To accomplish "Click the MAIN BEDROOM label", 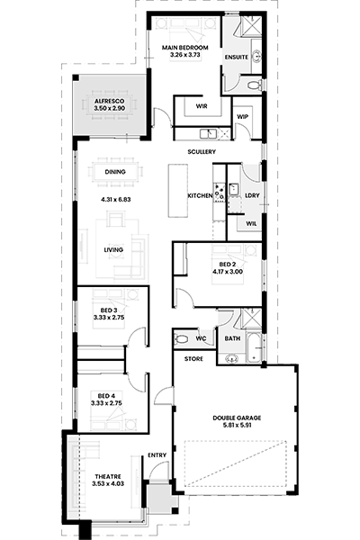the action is click(x=185, y=48).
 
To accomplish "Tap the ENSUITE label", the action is click(x=237, y=58).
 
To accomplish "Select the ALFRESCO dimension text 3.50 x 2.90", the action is click(x=109, y=108).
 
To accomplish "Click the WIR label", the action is click(x=202, y=106).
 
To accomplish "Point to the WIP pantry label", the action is click(x=242, y=117).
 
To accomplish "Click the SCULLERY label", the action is click(x=202, y=151).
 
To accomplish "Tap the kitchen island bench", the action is click(x=178, y=191).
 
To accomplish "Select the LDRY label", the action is click(x=252, y=195).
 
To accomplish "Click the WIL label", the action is click(x=251, y=223).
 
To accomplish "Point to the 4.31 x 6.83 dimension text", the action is click(x=116, y=199).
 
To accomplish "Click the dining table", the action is click(x=116, y=172).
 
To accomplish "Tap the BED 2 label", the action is click(x=228, y=265).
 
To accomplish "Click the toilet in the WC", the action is click(x=181, y=339).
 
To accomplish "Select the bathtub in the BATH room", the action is click(x=254, y=347).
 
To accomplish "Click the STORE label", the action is click(x=193, y=359).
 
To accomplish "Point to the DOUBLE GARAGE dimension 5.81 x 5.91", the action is click(x=237, y=425).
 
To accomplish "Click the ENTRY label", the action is click(x=157, y=455).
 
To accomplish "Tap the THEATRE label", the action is click(x=108, y=477).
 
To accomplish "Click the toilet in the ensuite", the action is click(x=255, y=85).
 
